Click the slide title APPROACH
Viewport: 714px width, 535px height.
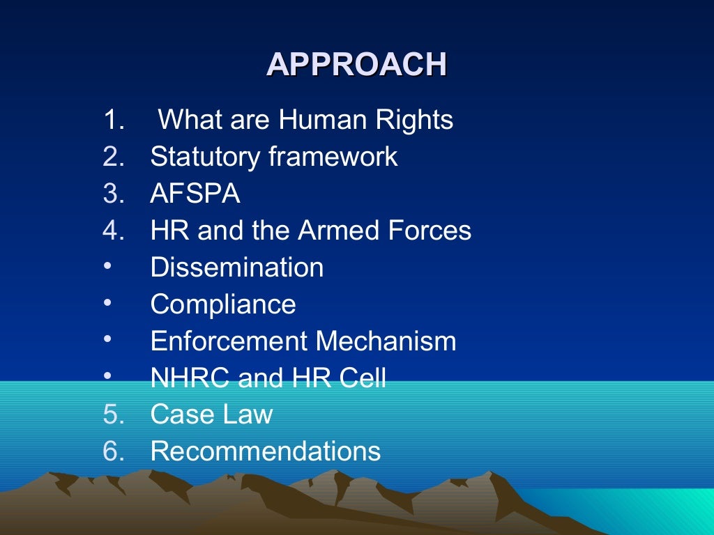tap(356, 64)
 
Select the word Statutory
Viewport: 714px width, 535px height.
tap(206, 157)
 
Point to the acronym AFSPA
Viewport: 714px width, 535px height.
tap(195, 194)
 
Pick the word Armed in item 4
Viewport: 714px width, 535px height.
tap(333, 231)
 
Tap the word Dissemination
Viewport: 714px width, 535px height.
tap(237, 267)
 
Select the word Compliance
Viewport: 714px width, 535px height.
tap(223, 304)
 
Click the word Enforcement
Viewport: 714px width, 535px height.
tap(229, 341)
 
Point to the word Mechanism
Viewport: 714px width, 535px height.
tap(386, 341)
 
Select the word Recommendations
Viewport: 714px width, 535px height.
tap(266, 452)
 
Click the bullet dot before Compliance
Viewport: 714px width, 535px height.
tap(107, 303)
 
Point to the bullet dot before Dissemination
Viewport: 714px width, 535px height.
tap(107, 266)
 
